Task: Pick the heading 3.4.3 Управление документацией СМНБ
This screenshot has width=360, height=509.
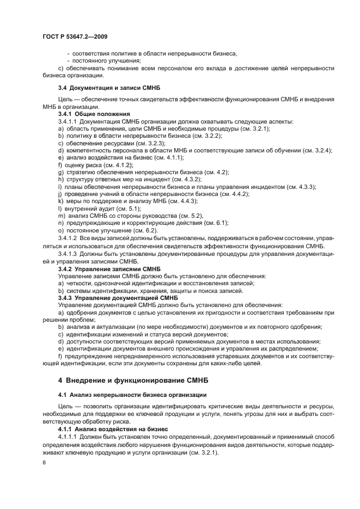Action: click(118, 298)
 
